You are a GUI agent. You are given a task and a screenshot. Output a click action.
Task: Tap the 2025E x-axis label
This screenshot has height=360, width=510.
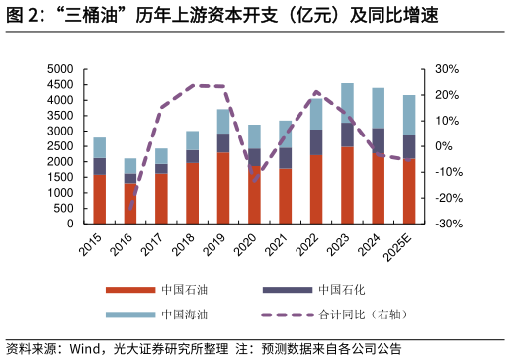[402, 247]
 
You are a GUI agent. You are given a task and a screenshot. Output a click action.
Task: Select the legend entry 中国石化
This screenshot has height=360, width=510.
[342, 290]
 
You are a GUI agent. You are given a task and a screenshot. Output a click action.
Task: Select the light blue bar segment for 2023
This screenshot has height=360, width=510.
[347, 103]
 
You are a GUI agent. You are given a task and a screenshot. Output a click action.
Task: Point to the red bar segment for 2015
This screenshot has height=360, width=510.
[100, 199]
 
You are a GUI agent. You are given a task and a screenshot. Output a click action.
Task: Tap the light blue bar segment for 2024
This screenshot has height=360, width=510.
[379, 108]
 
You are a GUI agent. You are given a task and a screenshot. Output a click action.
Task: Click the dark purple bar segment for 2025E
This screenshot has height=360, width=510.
[409, 147]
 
